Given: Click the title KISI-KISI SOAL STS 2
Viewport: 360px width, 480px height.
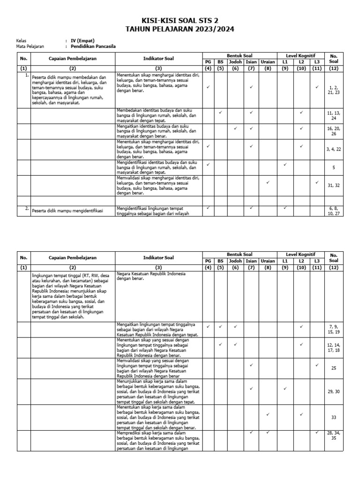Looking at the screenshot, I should [x=180, y=21].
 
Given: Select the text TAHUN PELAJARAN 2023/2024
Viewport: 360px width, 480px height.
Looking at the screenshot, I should [x=180, y=29].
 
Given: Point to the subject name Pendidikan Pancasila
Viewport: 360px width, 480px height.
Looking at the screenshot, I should [x=93, y=46].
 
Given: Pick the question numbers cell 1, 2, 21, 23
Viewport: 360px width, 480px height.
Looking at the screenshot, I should [x=334, y=90].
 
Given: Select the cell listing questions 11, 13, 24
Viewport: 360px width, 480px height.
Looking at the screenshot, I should [x=334, y=116].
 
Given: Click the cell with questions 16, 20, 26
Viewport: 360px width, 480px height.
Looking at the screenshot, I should [x=334, y=131].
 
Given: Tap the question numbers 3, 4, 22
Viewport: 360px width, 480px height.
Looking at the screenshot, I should [x=334, y=149].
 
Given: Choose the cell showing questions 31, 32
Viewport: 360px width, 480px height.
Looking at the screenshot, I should [x=334, y=185].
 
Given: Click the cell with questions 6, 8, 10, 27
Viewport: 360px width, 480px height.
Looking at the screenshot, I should [x=334, y=210].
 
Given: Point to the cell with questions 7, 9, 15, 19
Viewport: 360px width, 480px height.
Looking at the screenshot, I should [x=334, y=329].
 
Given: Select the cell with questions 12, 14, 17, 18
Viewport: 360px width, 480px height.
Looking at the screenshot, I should [x=334, y=347].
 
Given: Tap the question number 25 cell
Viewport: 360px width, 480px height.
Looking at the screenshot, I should [x=334, y=368].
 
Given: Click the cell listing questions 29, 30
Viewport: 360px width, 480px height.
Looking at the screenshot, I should [x=334, y=391].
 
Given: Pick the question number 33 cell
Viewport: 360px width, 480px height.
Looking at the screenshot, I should [x=334, y=417].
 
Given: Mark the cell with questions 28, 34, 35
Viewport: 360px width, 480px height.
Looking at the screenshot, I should [x=334, y=435].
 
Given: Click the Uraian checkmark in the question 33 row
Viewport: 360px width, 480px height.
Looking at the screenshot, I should [x=268, y=414].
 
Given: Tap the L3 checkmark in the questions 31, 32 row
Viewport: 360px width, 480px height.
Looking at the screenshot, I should [x=317, y=182].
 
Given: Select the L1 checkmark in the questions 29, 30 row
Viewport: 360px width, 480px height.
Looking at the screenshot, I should [x=285, y=389].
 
